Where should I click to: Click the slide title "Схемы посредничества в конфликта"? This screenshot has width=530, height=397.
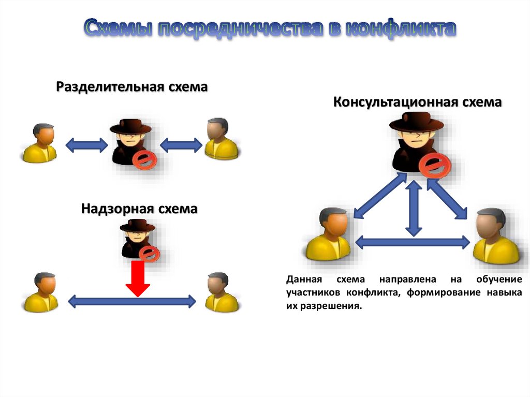(270, 30)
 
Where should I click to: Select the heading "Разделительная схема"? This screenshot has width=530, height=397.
(132, 86)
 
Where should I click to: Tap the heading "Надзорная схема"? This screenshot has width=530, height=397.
(139, 209)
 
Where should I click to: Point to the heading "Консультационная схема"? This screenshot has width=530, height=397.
(417, 101)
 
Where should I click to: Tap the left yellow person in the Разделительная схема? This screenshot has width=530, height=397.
(40, 143)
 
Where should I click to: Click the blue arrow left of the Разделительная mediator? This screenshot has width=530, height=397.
(86, 144)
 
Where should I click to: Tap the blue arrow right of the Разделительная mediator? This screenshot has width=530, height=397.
(181, 144)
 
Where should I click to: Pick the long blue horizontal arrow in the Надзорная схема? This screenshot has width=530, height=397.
(132, 300)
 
